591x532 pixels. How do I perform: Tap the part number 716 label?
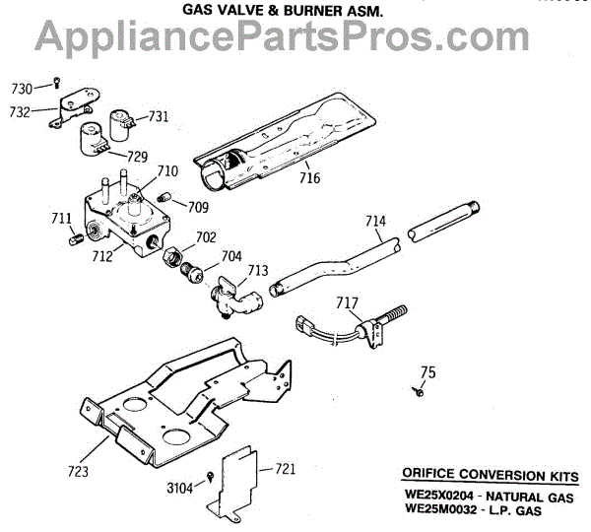click(x=311, y=178)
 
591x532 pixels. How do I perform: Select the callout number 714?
click(x=375, y=222)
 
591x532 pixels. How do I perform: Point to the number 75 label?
click(x=427, y=371)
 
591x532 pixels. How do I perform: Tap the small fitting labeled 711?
click(x=75, y=237)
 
